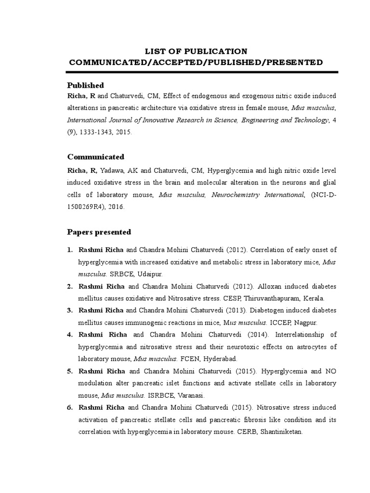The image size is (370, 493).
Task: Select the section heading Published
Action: pyautogui.click(x=85, y=85)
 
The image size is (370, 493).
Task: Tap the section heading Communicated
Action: pyautogui.click(x=95, y=157)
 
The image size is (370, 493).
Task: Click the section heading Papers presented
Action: pyautogui.click(x=99, y=232)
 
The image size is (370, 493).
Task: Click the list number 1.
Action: pyautogui.click(x=70, y=249)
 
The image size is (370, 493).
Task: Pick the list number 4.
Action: pyautogui.click(x=70, y=335)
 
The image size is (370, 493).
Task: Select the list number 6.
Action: pyautogui.click(x=70, y=407)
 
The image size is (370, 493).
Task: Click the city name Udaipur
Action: pyautogui.click(x=150, y=274)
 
